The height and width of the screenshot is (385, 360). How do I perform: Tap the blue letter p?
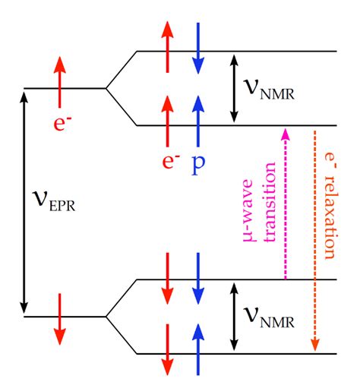coord(197,162)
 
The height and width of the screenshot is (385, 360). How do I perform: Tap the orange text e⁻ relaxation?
coord(330,205)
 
